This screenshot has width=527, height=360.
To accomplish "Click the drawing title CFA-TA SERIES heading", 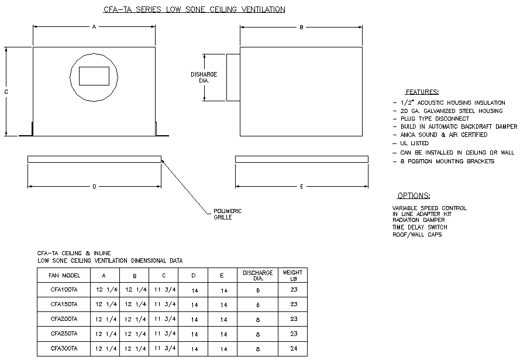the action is click(x=194, y=9).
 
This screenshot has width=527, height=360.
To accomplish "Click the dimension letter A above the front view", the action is click(x=94, y=26).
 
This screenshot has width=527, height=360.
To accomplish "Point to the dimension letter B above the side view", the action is click(x=301, y=28).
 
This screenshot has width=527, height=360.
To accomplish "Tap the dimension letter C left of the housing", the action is click(x=6, y=92).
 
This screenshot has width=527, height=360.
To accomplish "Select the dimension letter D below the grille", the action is click(x=94, y=186).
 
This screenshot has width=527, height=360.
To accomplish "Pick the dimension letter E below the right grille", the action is click(x=301, y=186).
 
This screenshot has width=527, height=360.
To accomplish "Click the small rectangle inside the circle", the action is click(x=94, y=76).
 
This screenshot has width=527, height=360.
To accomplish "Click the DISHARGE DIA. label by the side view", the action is click(x=204, y=77).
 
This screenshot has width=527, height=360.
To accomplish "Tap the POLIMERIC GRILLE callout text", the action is click(x=228, y=214).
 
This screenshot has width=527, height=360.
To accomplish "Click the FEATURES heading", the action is click(x=422, y=92).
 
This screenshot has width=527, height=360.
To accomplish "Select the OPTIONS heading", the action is click(x=414, y=196).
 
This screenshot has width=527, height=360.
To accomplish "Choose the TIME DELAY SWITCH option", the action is click(x=420, y=227).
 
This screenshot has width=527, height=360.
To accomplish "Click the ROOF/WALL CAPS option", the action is click(x=417, y=235).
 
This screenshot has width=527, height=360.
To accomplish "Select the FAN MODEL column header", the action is click(x=64, y=276).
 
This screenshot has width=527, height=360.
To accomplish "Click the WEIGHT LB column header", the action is click(x=292, y=276).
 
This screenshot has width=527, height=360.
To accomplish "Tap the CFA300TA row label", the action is click(x=64, y=348).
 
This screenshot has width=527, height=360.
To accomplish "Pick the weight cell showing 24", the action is click(x=294, y=348).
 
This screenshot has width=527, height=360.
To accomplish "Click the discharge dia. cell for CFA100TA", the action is click(x=258, y=290).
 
